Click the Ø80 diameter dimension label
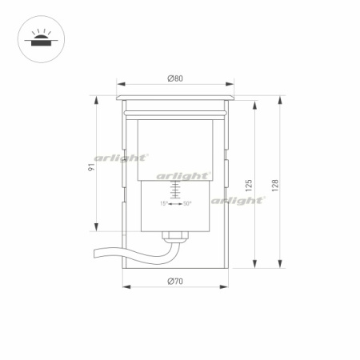coord(175,78)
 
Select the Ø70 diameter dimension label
coord(175,281)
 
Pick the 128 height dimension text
coord(274,184)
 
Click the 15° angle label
coord(164,203)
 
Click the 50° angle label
coord(186,203)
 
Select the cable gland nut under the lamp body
coord(175,236)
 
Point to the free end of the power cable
coord(96,254)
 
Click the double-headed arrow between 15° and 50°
coord(175,203)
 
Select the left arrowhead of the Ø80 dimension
coord(119,83)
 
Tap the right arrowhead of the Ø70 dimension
coord(226,286)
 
